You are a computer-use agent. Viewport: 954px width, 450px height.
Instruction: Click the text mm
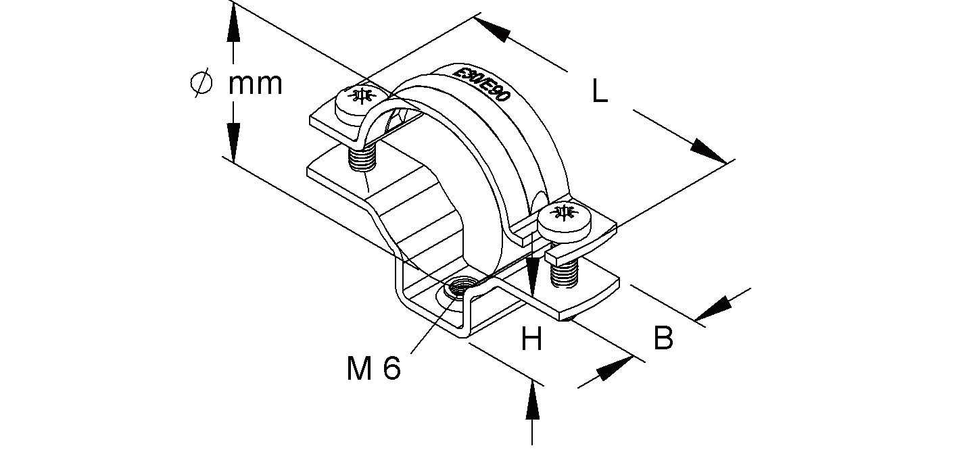[255, 84]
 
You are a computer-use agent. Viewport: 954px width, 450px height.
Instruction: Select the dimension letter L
[599, 92]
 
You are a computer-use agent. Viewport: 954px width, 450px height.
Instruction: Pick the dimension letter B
[663, 338]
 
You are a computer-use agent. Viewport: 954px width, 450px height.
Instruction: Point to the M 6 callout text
[374, 369]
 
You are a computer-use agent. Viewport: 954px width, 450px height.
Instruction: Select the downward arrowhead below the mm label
[234, 143]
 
